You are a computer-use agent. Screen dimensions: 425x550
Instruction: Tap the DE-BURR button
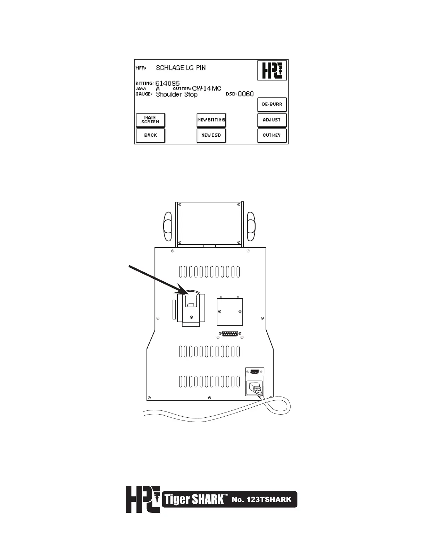click(272, 104)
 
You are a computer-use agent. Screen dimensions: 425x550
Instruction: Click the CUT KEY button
click(272, 135)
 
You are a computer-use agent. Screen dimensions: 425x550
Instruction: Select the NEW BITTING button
click(211, 120)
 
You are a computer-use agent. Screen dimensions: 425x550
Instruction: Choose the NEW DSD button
click(211, 135)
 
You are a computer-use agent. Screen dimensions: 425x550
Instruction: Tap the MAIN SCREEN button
click(150, 120)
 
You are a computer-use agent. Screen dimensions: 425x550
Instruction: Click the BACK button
click(150, 135)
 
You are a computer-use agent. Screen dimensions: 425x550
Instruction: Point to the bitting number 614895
click(167, 83)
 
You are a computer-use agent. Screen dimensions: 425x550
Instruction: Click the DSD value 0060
click(245, 94)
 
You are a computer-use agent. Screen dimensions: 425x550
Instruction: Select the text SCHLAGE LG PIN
click(181, 68)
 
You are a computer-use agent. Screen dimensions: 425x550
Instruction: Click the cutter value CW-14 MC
click(207, 89)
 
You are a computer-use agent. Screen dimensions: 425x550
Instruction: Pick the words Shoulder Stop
click(177, 94)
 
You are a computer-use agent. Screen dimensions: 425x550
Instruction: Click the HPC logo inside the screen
click(272, 70)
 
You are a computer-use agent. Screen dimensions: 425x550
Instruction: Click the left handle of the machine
click(168, 226)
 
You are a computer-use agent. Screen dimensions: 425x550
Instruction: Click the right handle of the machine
click(250, 226)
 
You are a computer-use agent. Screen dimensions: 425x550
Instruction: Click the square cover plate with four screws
click(230, 311)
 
